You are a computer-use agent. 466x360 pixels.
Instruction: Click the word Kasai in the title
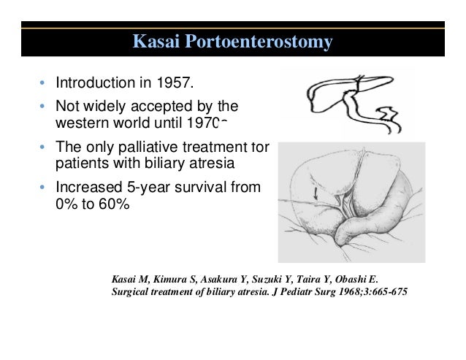[156, 42]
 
